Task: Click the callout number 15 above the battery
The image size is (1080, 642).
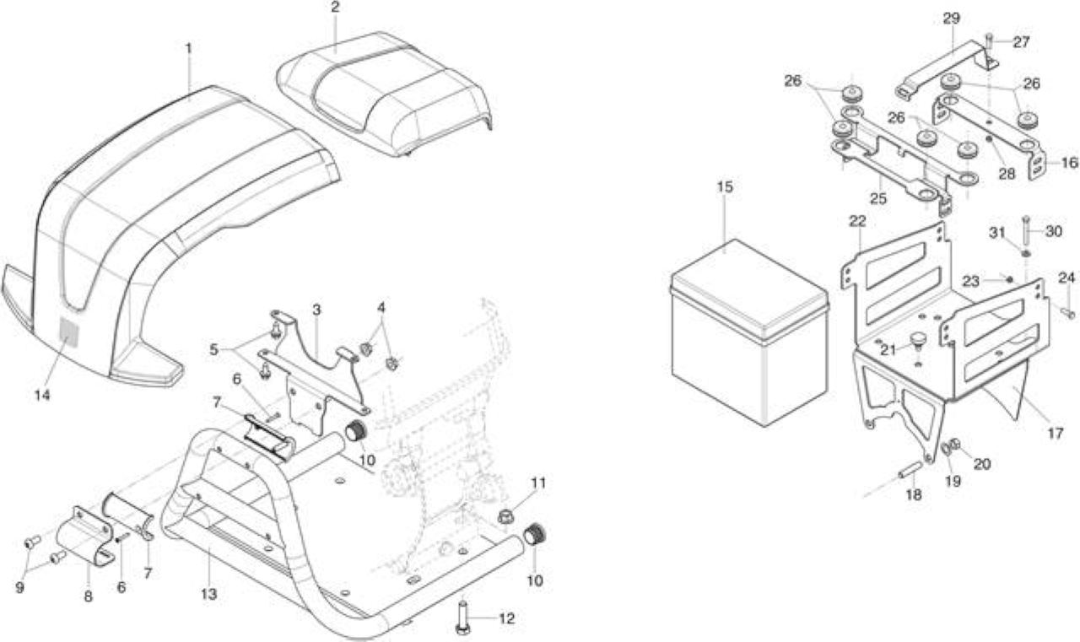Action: (x=725, y=187)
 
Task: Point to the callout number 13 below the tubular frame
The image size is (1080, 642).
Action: (x=208, y=594)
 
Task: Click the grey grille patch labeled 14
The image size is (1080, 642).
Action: (x=68, y=332)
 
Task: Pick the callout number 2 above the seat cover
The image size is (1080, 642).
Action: (x=335, y=8)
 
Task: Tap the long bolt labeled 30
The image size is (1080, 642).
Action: (x=1025, y=230)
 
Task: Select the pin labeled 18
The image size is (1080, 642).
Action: (x=910, y=469)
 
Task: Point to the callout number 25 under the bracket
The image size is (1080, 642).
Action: (x=878, y=198)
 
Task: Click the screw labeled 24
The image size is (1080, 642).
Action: (x=1068, y=313)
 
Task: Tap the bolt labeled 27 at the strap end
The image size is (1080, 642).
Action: (x=989, y=41)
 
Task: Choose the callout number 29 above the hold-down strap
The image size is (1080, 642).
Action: (x=951, y=19)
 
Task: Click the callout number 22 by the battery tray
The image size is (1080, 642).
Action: (x=857, y=221)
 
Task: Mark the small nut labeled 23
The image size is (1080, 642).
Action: (x=1008, y=278)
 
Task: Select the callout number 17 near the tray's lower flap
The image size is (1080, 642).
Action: (x=1055, y=434)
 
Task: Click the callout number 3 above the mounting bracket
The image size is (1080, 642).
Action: (x=316, y=310)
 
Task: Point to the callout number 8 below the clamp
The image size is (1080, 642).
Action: (x=88, y=596)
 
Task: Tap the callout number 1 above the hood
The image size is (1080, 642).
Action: (x=188, y=48)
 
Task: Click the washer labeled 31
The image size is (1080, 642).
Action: (x=1025, y=254)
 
